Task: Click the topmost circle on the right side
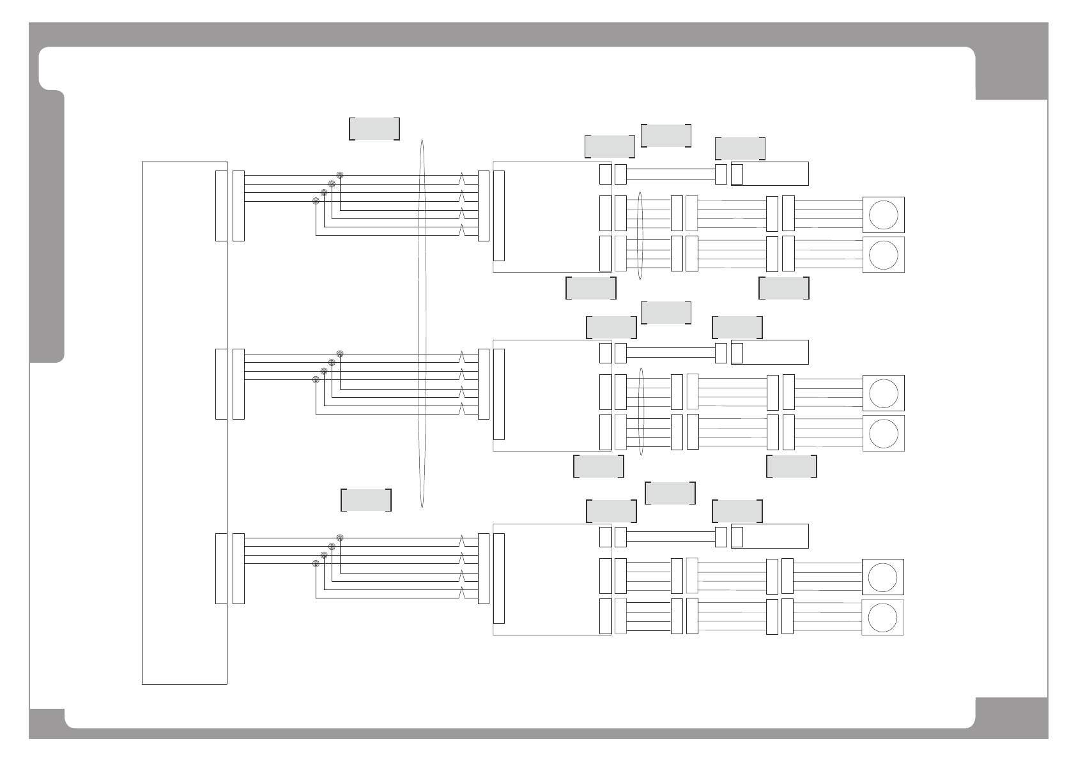click(883, 215)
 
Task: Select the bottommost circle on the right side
click(883, 617)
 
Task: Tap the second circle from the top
click(883, 255)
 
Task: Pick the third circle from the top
click(883, 393)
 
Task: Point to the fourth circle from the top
click(883, 433)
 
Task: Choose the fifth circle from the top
click(883, 577)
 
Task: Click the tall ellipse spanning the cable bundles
click(422, 324)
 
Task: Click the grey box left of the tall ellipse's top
click(374, 128)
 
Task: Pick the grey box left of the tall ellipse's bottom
click(366, 500)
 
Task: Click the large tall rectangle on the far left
click(184, 423)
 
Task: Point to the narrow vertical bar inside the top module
click(499, 216)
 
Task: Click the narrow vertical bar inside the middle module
click(499, 394)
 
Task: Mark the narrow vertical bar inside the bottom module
click(499, 578)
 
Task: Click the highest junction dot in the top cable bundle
click(340, 175)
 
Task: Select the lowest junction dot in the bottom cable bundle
click(316, 563)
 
